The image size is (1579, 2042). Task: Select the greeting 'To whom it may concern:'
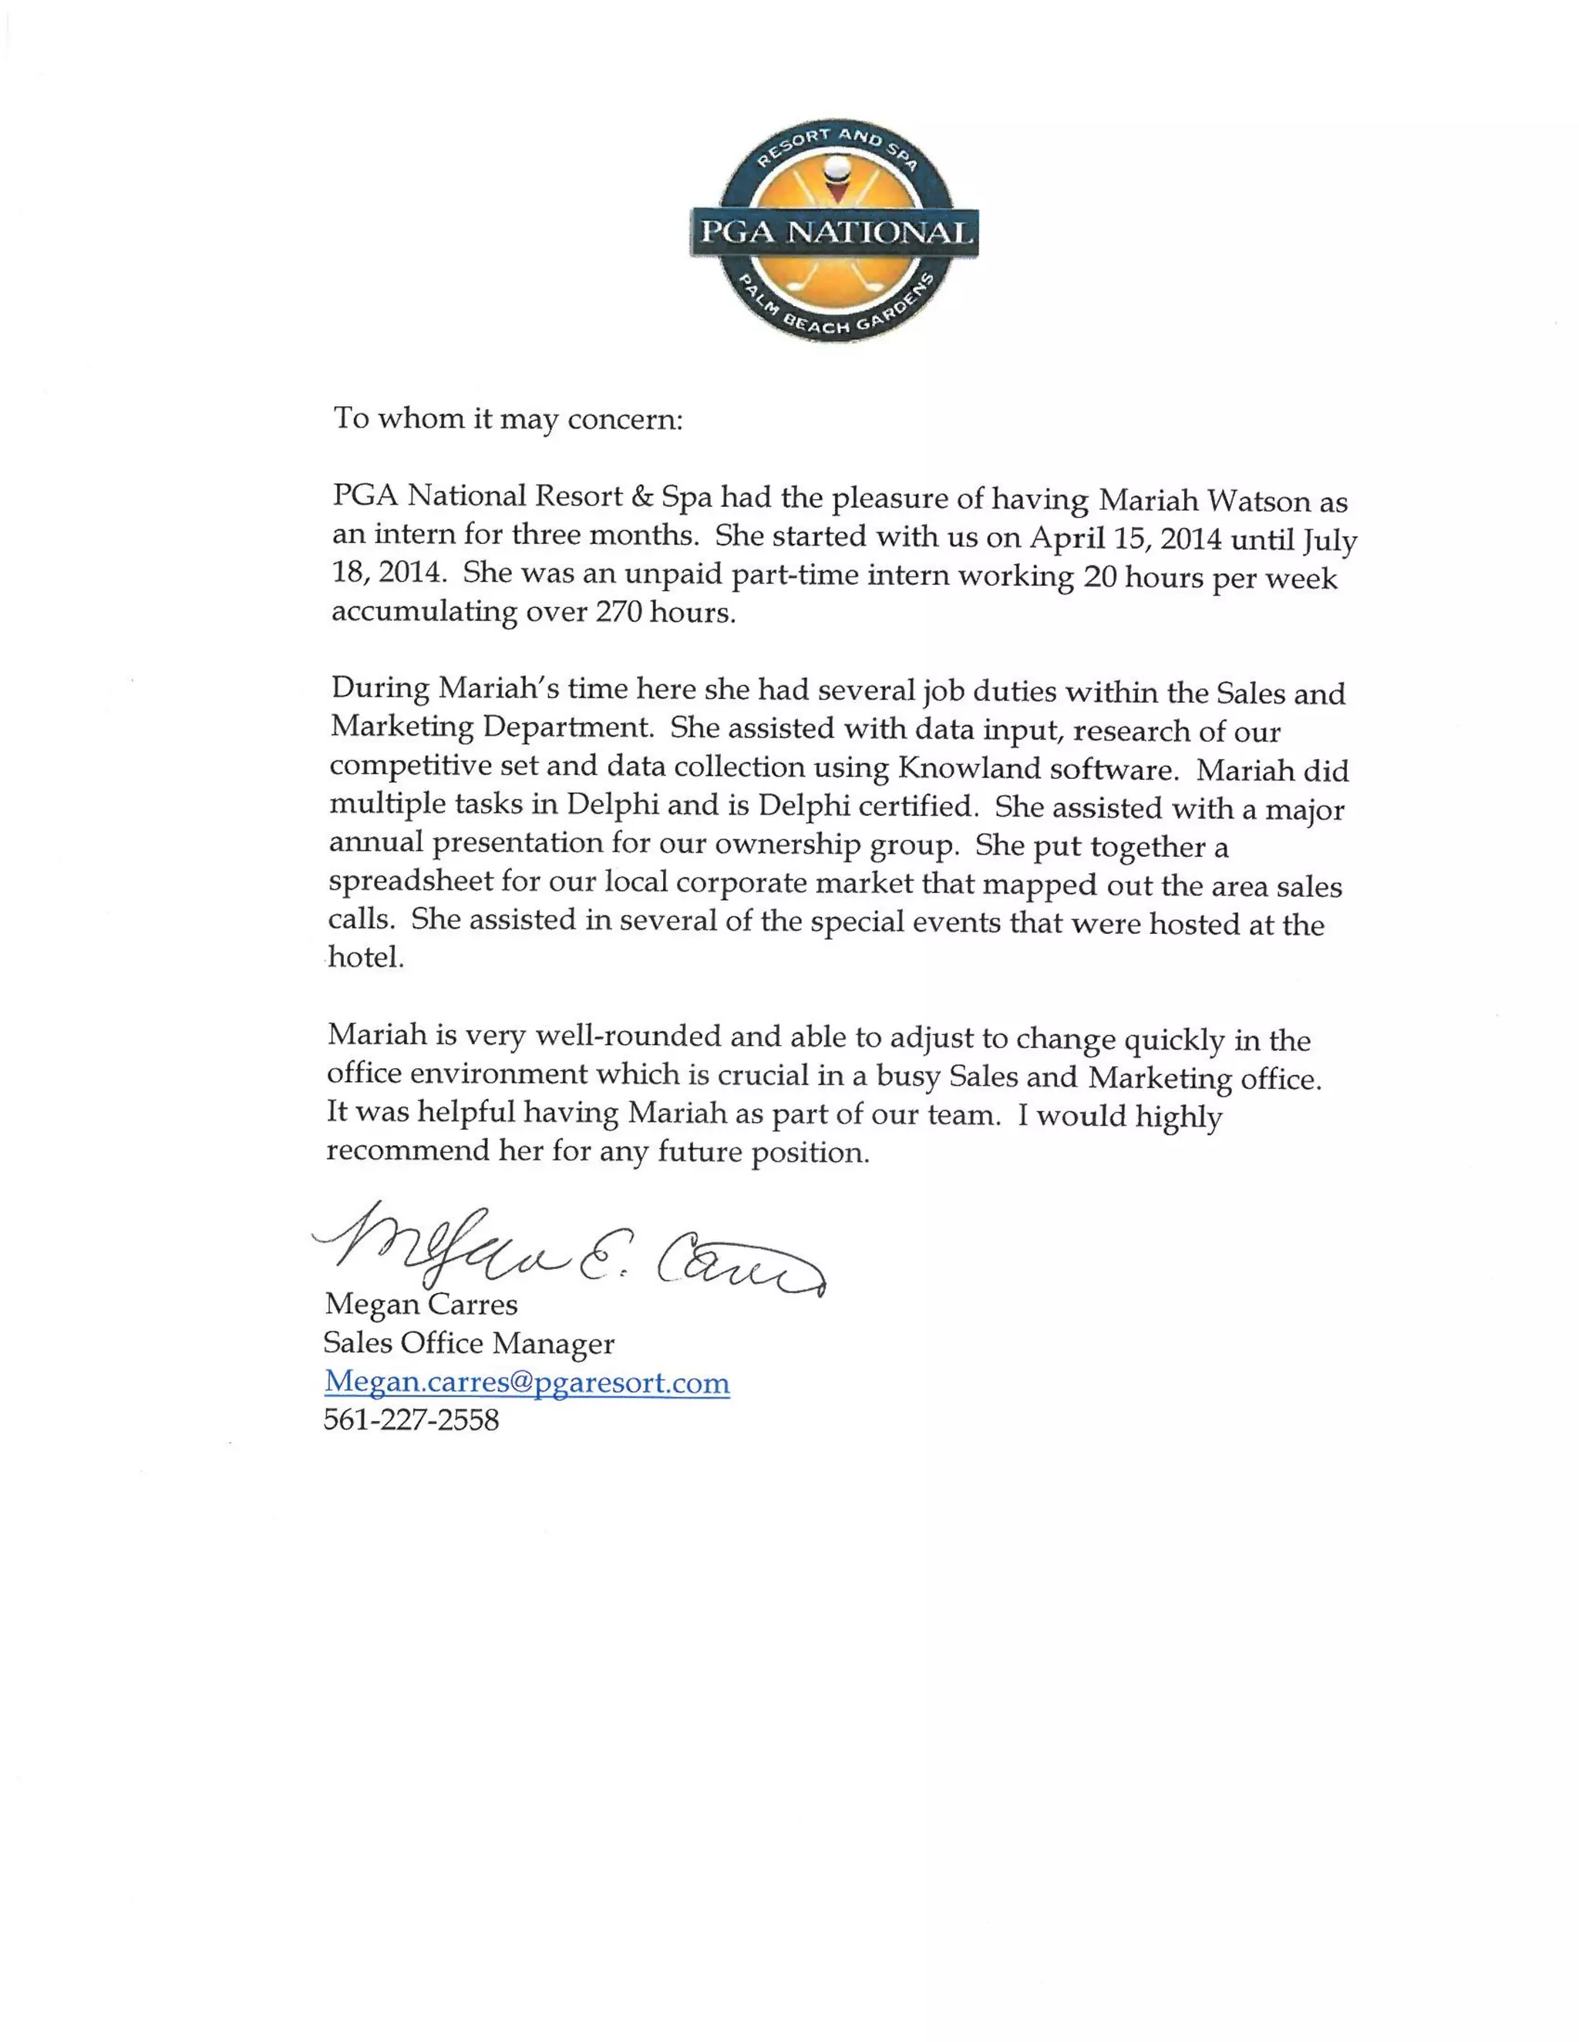(x=508, y=418)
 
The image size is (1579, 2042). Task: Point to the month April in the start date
(x=1062, y=538)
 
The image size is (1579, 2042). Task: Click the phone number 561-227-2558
(x=412, y=1420)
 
